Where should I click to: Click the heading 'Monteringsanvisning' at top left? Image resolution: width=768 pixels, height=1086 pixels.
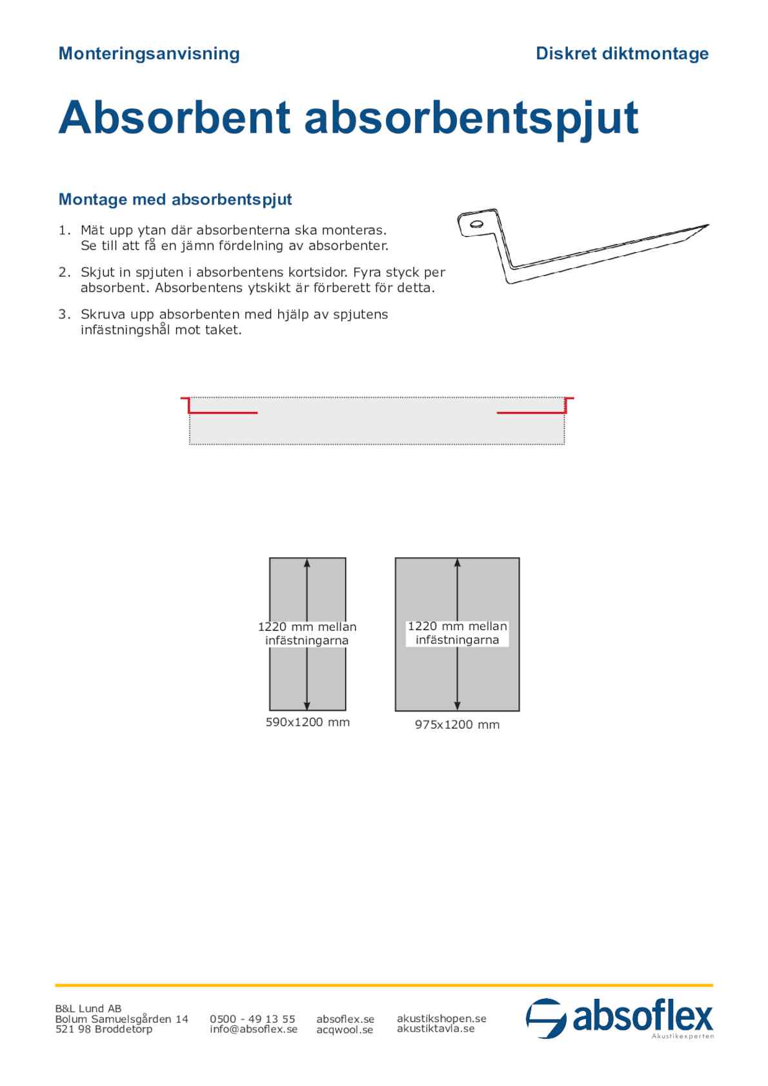(149, 54)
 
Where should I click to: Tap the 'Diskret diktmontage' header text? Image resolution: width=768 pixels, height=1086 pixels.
(621, 54)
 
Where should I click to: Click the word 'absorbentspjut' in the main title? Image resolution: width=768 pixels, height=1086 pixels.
(471, 118)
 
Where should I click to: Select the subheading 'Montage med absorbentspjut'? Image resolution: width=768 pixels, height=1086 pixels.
(175, 199)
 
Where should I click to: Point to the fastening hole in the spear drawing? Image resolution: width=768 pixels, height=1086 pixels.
(476, 224)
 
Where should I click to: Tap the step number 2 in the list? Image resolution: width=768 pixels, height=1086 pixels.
(63, 272)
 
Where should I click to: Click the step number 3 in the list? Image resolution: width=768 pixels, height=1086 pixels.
(63, 314)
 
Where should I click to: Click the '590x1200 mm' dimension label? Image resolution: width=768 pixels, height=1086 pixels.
(308, 722)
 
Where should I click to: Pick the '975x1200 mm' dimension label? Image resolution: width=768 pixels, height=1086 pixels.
(457, 725)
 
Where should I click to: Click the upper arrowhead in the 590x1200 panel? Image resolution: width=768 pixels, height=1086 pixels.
(307, 563)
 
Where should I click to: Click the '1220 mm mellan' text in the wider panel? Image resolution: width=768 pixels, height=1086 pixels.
(457, 626)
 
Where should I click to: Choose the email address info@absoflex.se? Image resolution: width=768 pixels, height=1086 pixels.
(254, 1029)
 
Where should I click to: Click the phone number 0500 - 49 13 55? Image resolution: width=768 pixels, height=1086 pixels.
(252, 1019)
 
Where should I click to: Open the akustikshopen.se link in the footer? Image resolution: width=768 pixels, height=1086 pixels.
(441, 1018)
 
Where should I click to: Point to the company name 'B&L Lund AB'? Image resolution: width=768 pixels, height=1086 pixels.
(88, 1009)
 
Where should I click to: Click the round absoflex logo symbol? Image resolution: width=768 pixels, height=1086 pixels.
(546, 1019)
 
